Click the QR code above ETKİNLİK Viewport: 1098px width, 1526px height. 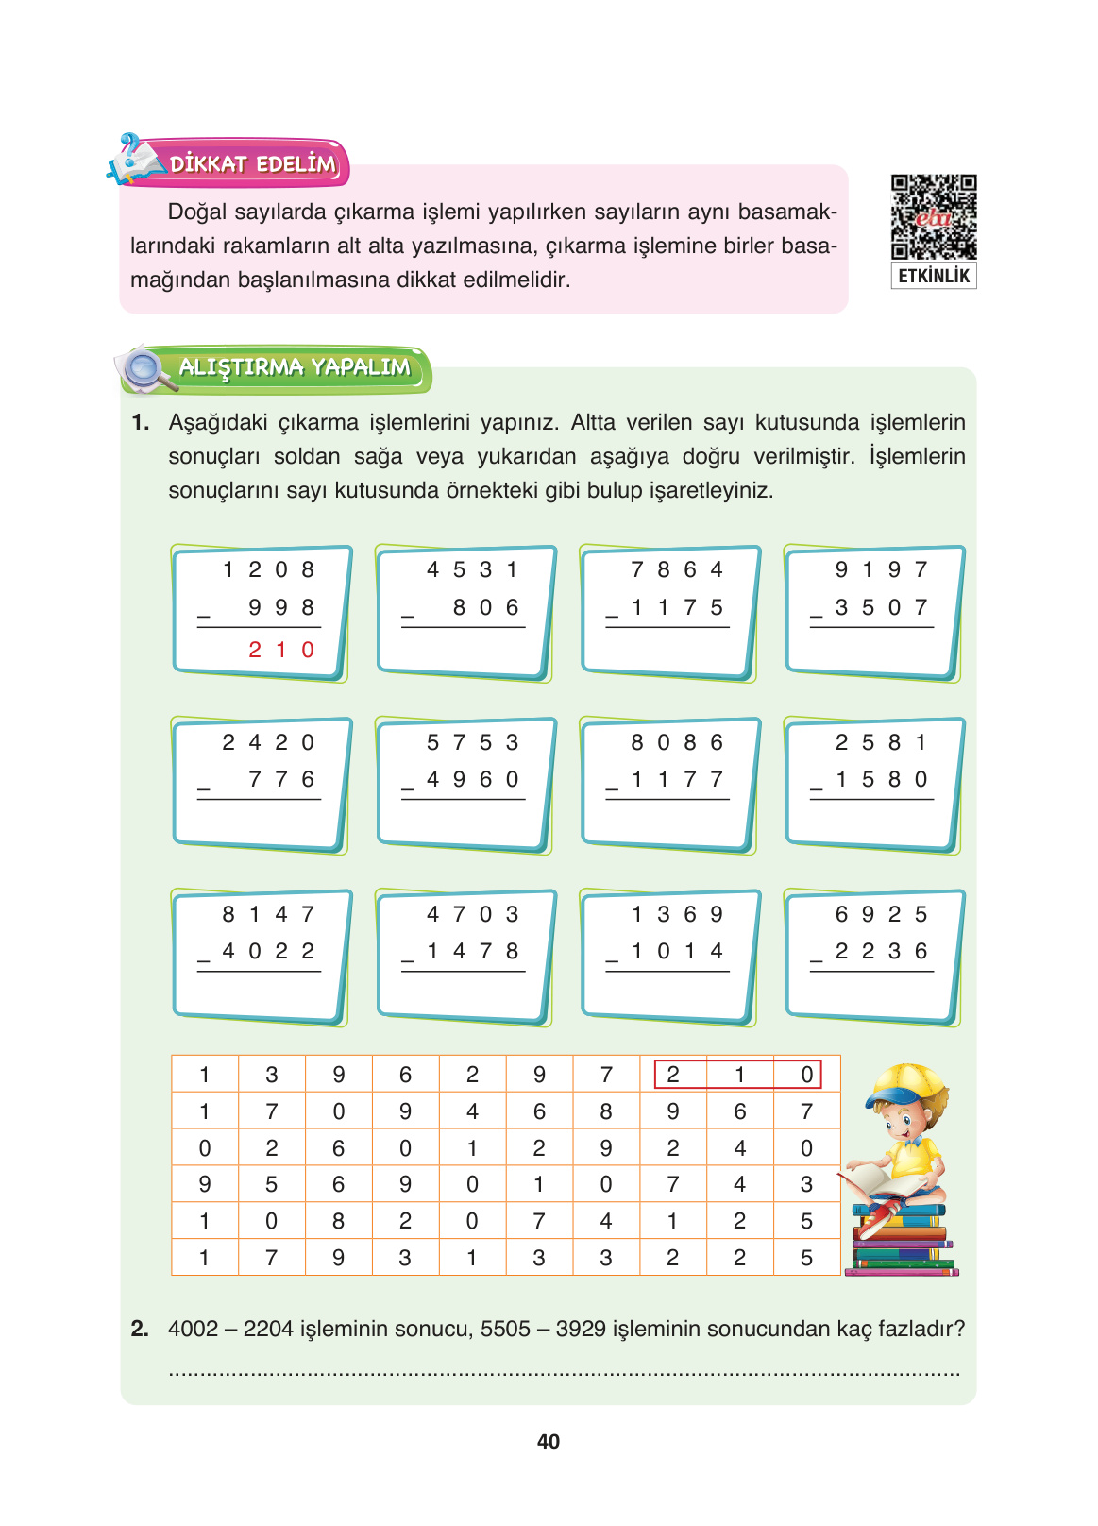point(933,216)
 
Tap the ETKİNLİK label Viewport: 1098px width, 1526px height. point(933,276)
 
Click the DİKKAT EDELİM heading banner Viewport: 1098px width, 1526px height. point(252,164)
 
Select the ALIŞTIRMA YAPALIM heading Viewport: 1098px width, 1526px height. point(295,367)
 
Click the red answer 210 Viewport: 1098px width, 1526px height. point(281,650)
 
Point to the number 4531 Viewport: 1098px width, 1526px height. point(472,569)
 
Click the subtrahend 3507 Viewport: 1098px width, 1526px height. point(882,607)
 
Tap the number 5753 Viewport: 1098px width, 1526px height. point(472,742)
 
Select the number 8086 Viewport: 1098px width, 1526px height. point(677,742)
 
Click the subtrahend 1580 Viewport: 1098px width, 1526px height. point(882,779)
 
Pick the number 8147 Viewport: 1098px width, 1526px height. point(268,914)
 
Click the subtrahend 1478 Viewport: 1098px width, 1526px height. point(472,951)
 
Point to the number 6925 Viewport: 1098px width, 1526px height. point(882,914)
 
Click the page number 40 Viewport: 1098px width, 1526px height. point(549,1441)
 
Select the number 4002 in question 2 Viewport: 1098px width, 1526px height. point(193,1329)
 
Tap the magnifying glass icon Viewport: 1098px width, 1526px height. point(144,367)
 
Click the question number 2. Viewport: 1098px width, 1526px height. point(140,1329)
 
